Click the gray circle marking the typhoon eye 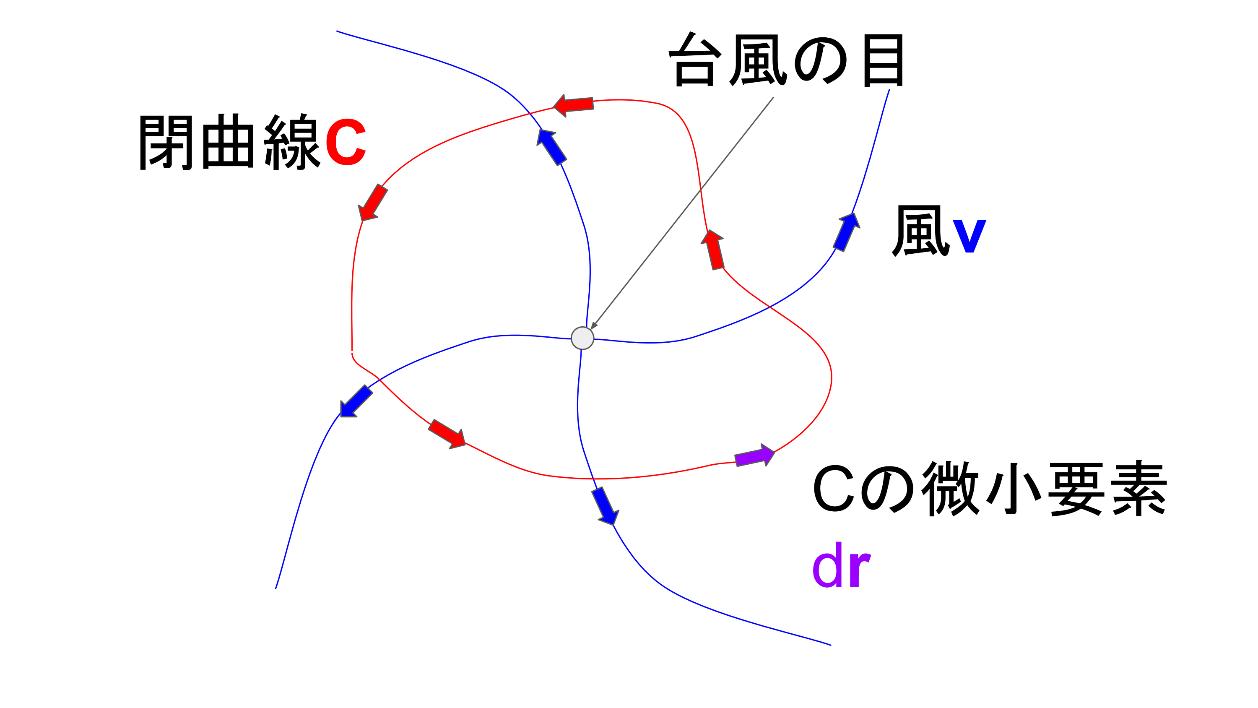(582, 338)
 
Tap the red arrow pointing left (574, 105)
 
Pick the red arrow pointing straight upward (713, 249)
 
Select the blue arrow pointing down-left (356, 402)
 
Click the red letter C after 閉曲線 (345, 142)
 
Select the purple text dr (841, 565)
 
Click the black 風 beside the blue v (920, 231)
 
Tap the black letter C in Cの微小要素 (833, 489)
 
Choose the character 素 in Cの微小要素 (1139, 489)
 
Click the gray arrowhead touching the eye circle (594, 326)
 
